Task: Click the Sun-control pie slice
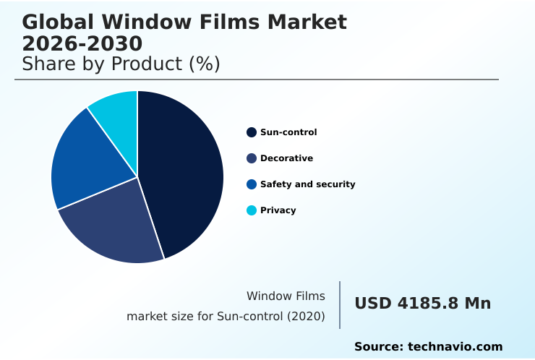click(184, 170)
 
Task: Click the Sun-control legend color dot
click(252, 132)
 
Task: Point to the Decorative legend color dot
click(252, 158)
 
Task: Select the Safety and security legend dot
click(252, 184)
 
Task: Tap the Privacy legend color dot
click(252, 210)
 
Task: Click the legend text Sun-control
click(288, 132)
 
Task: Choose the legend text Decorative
click(286, 158)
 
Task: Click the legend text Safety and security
click(307, 184)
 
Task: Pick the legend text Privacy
click(278, 210)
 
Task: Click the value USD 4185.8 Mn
click(422, 304)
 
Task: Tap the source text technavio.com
click(455, 347)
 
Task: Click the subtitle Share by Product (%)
click(121, 64)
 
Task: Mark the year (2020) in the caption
click(305, 317)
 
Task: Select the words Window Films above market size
click(286, 296)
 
